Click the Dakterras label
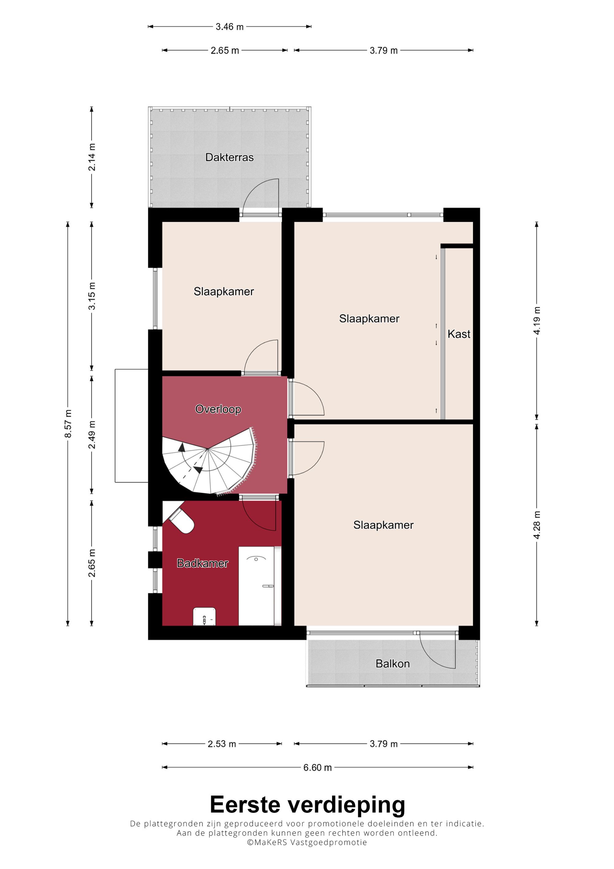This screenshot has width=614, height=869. pyautogui.click(x=229, y=157)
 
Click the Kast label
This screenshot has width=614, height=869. pyautogui.click(x=459, y=334)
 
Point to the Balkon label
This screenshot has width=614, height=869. pyautogui.click(x=393, y=664)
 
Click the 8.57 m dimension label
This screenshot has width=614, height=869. pyautogui.click(x=68, y=423)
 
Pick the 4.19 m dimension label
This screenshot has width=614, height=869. pyautogui.click(x=537, y=321)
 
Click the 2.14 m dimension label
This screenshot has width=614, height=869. pyautogui.click(x=92, y=157)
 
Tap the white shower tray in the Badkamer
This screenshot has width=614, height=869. pyautogui.click(x=256, y=586)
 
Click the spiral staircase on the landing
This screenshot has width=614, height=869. pyautogui.click(x=209, y=461)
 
